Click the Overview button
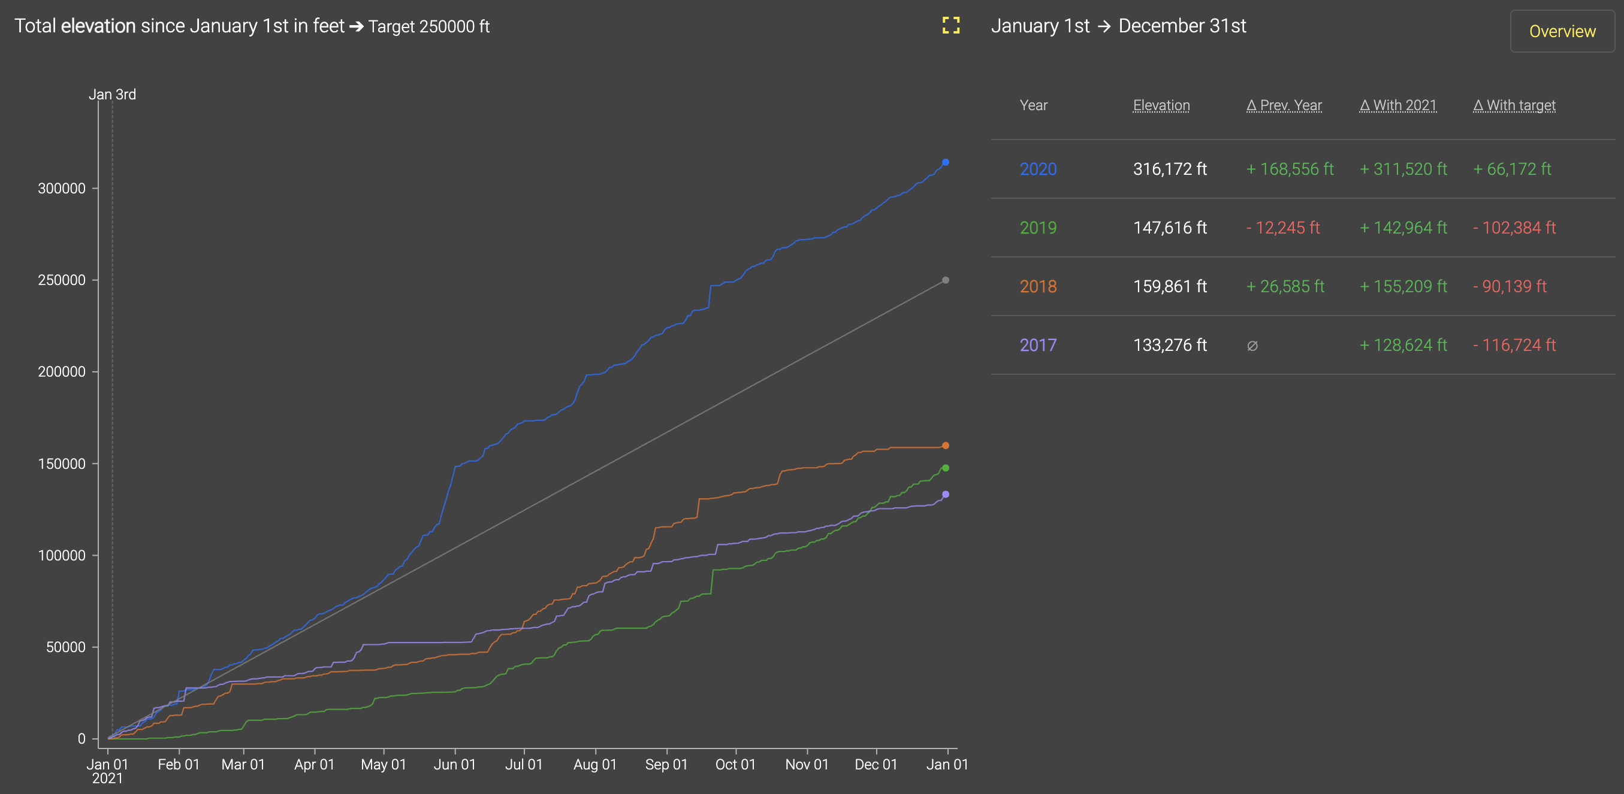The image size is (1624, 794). tap(1562, 31)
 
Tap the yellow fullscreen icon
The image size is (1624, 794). tap(950, 25)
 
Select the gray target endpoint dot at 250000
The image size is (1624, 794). tap(945, 280)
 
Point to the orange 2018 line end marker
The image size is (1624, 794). tap(945, 446)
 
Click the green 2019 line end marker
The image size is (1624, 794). tap(945, 468)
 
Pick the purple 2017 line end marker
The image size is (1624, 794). tap(945, 495)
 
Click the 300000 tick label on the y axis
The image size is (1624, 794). tap(62, 189)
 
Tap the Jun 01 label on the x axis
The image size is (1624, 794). tap(455, 765)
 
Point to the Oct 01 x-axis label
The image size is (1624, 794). tap(735, 765)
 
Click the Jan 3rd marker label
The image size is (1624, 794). tap(112, 95)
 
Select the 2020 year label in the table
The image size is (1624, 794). tap(1038, 169)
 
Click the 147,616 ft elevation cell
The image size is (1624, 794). tap(1169, 228)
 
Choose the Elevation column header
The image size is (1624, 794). tap(1161, 105)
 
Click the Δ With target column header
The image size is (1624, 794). tap(1514, 105)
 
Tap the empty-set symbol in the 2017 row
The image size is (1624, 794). tap(1252, 346)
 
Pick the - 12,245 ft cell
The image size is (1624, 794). tap(1282, 228)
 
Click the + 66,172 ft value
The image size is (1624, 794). tap(1512, 169)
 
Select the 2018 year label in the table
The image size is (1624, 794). tap(1038, 286)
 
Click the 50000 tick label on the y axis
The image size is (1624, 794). tap(65, 647)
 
